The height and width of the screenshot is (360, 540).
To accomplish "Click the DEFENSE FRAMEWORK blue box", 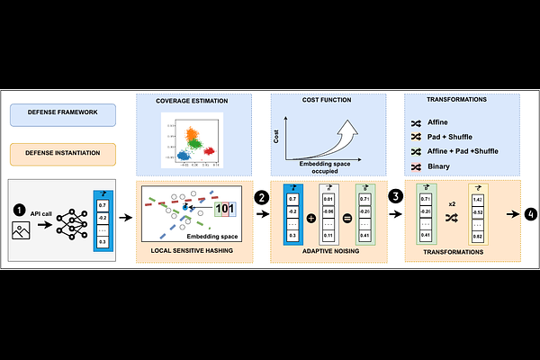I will [x=67, y=114].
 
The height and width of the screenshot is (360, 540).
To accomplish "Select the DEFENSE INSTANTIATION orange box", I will [x=67, y=154].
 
